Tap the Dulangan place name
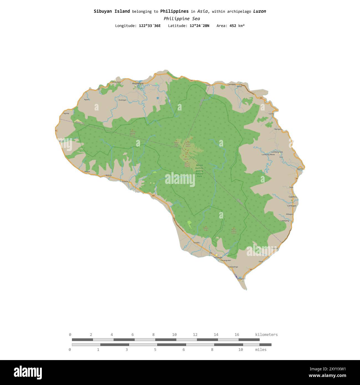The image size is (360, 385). pyautogui.click(x=122, y=100)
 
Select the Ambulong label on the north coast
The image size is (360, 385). pyautogui.click(x=117, y=82)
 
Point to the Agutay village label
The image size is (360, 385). pyautogui.click(x=66, y=113)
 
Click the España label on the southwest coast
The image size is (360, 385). pyautogui.click(x=125, y=181)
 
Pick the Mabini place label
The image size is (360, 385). pyautogui.click(x=87, y=172)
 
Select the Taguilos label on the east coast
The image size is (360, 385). pyautogui.click(x=300, y=169)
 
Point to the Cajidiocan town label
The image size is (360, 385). pyautogui.click(x=293, y=197)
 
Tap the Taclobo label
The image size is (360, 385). pyautogui.click(x=196, y=243)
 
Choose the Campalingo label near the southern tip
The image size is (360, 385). pyautogui.click(x=233, y=267)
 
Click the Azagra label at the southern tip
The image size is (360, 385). pyautogui.click(x=241, y=278)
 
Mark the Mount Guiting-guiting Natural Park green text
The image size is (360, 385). pyautogui.click(x=199, y=171)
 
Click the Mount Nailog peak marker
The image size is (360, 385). pyautogui.click(x=132, y=130)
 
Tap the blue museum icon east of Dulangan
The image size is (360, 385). pyautogui.click(x=158, y=98)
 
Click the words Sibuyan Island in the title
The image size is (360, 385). pyautogui.click(x=112, y=11)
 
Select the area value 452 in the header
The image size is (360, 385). pyautogui.click(x=233, y=26)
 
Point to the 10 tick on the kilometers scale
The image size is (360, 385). pyautogui.click(x=174, y=335)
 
